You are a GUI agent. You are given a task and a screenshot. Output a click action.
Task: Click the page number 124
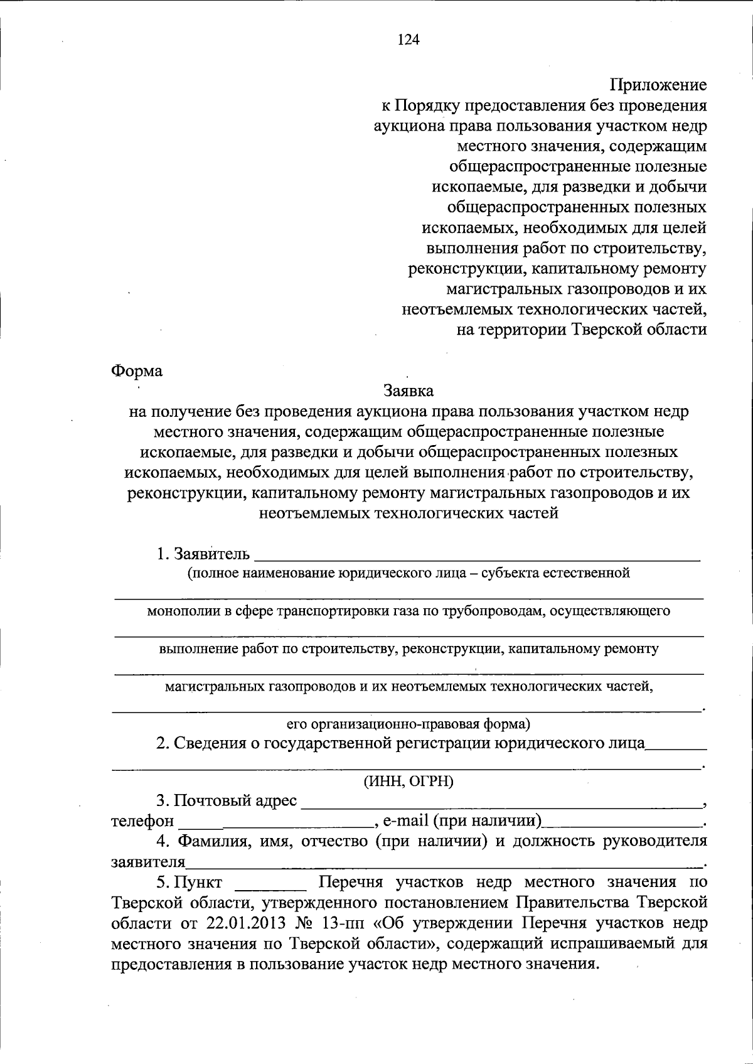tap(408, 40)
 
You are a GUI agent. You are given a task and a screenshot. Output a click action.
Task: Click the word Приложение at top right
tap(658, 85)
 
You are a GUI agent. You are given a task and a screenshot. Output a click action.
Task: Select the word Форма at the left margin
tap(137, 371)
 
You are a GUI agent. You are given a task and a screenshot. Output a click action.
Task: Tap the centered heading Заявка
tap(409, 391)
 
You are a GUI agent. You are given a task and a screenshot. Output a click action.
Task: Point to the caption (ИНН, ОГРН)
tap(409, 782)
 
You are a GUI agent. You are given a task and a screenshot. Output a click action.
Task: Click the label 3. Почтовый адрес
tap(227, 801)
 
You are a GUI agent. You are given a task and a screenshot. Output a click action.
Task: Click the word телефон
tap(142, 821)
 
